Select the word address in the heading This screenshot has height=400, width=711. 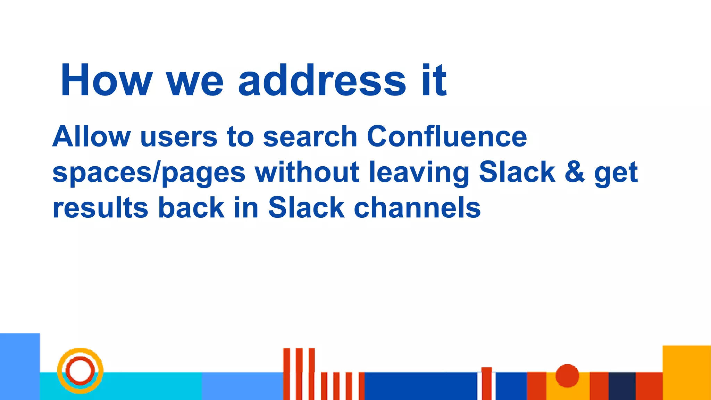(322, 81)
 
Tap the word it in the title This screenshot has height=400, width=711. (434, 81)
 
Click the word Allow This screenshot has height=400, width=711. (92, 136)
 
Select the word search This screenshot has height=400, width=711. (310, 136)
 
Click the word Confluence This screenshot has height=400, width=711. (447, 136)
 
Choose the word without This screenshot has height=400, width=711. (307, 172)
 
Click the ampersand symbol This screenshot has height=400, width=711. (575, 172)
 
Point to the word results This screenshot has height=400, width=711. (100, 208)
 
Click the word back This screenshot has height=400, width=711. (191, 208)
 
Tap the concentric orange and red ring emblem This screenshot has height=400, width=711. (80, 370)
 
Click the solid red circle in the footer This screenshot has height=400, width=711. (567, 375)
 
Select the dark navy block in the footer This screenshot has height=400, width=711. (622, 386)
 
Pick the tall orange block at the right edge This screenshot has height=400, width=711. (686, 372)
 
